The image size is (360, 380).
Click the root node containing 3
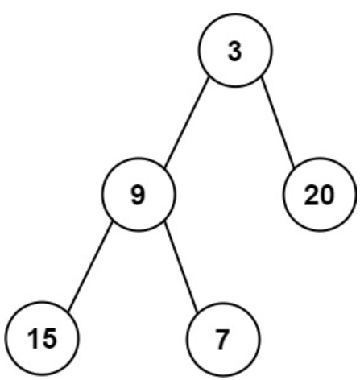pos(235,50)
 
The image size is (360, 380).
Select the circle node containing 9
pos(139,194)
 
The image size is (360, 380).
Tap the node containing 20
pos(320,194)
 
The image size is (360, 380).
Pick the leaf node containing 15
pos(42,338)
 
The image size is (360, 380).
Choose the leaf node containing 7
pos(223,339)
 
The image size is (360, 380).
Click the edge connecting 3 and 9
pos(187,122)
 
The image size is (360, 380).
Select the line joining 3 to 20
pos(278,122)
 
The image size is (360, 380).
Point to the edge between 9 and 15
pos(90,267)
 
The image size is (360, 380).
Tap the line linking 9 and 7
pos(181,267)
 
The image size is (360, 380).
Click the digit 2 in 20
pos(312,196)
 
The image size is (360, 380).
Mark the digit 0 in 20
pos(327,196)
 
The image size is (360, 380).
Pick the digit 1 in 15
pos(33,339)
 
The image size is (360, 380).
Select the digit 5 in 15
pos(49,339)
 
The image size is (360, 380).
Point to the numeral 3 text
pos(235,52)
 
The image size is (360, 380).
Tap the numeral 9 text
pos(139,195)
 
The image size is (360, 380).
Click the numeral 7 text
pos(223,340)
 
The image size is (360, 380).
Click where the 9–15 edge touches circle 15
pos(68,312)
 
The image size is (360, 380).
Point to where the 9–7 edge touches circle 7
pos(197,312)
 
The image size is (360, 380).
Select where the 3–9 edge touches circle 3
pos(209,77)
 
